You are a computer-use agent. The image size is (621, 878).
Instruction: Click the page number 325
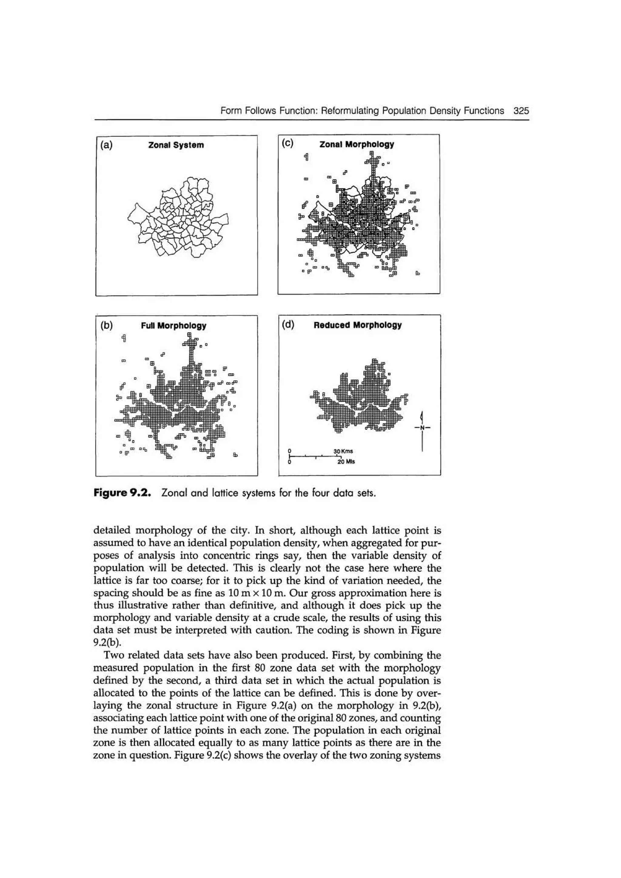point(521,111)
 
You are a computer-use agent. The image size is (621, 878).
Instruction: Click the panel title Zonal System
point(176,145)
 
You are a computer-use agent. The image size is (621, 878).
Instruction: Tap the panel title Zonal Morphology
point(357,145)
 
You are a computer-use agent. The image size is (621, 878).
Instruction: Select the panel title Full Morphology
point(173,326)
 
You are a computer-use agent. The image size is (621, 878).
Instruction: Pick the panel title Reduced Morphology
point(357,325)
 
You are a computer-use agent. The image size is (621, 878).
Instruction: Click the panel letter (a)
point(106,145)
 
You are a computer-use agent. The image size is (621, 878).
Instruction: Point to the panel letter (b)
point(106,325)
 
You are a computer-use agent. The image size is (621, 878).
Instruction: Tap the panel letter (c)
point(287,143)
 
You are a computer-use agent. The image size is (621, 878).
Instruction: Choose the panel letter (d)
point(288,325)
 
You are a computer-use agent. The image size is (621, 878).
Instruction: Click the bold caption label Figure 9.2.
point(123,493)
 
